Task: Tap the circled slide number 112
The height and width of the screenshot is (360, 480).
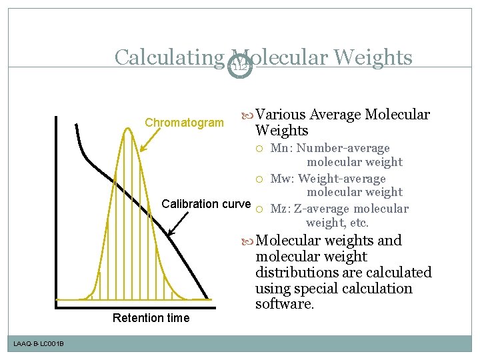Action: coord(239,66)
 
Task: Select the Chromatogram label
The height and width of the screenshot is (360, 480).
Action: coord(185,123)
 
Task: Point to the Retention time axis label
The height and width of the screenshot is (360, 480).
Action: coord(151,318)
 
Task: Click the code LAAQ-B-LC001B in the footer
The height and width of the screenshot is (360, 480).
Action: coord(38,343)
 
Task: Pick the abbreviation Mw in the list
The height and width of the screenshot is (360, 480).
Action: coord(280,179)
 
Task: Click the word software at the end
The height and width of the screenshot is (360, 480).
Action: coord(283,305)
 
